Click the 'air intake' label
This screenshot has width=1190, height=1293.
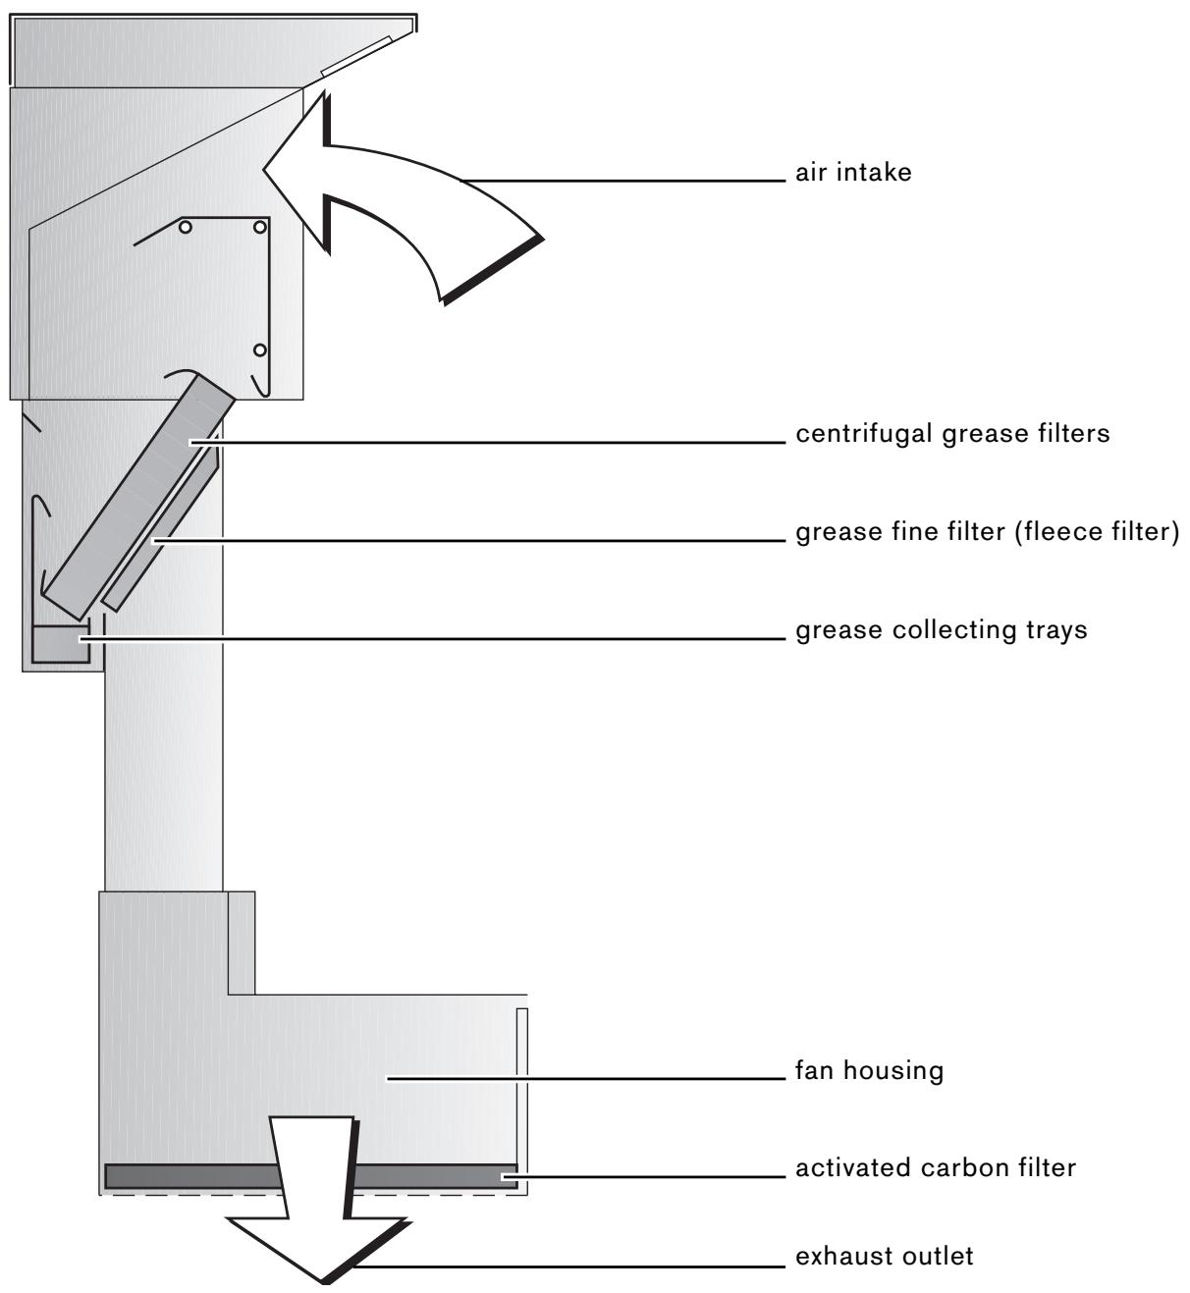[853, 174]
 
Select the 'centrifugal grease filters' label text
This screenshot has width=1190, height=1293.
[952, 434]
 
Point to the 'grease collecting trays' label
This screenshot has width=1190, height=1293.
[941, 629]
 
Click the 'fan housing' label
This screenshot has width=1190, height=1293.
[869, 1070]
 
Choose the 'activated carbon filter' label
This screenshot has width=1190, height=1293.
[936, 1168]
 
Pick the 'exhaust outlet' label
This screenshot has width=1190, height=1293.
[885, 1257]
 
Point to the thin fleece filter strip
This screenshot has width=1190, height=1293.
[162, 535]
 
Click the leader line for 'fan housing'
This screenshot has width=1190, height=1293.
[589, 1078]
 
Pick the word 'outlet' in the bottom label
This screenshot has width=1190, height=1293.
[940, 1257]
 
